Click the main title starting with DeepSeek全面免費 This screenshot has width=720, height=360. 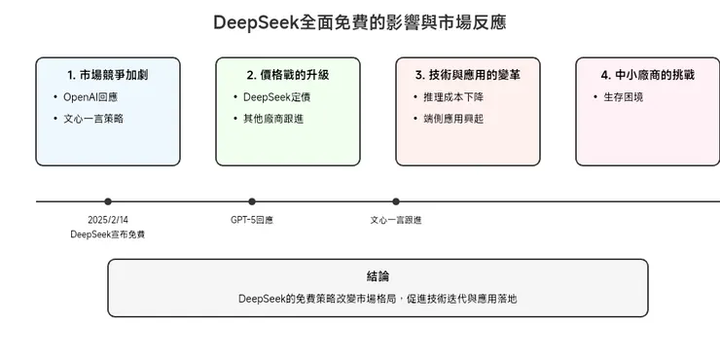[359, 21]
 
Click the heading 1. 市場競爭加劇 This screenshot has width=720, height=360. [108, 74]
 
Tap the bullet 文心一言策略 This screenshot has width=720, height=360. [93, 118]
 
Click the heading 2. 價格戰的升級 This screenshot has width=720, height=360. [288, 74]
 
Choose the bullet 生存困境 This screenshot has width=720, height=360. [624, 96]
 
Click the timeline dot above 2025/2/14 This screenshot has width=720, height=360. [108, 201]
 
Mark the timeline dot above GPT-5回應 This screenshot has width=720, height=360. [252, 201]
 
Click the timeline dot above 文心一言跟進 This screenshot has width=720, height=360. [396, 201]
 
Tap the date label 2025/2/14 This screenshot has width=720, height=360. [108, 220]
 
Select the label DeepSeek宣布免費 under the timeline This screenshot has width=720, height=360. [108, 234]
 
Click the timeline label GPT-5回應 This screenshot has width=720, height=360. [252, 220]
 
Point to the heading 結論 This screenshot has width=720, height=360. [378, 276]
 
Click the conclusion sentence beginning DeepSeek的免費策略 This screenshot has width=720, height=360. [378, 299]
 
